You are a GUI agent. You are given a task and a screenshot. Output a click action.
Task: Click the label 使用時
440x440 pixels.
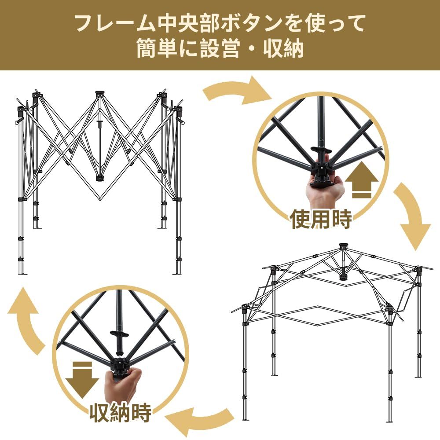[x=321, y=219]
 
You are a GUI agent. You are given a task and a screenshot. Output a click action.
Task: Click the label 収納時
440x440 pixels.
[x=120, y=412]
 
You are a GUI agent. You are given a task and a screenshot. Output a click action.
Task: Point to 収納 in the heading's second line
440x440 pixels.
[x=284, y=49]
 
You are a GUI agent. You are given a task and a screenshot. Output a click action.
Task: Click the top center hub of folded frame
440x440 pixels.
[x=100, y=94]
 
